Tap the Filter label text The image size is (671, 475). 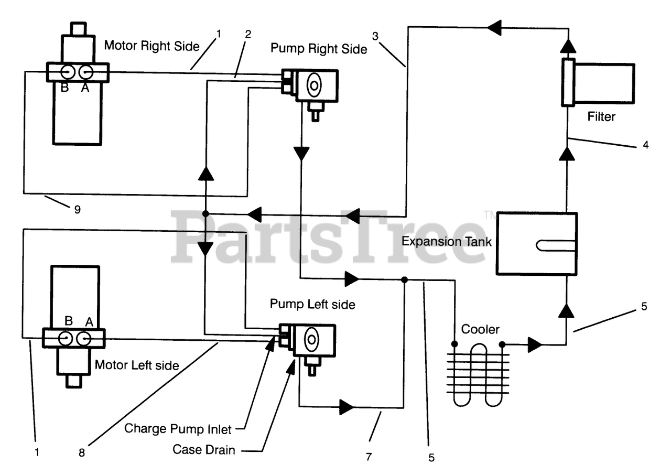click(601, 117)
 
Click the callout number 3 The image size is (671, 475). click(375, 36)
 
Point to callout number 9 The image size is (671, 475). click(77, 209)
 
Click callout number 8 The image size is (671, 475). click(82, 452)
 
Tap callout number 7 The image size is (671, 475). click(369, 457)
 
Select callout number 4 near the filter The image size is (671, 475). click(645, 145)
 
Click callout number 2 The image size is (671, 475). click(248, 35)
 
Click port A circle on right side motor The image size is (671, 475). click(86, 72)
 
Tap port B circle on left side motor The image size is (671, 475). click(66, 339)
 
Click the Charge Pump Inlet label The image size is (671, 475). click(178, 429)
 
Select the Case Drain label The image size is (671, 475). click(204, 450)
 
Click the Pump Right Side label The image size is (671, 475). click(319, 49)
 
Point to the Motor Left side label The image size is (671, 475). click(137, 365)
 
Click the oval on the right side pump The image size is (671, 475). click(314, 85)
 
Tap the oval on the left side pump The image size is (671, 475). click(311, 339)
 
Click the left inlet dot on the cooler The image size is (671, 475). click(454, 343)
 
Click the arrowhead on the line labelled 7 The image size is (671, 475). click(347, 407)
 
